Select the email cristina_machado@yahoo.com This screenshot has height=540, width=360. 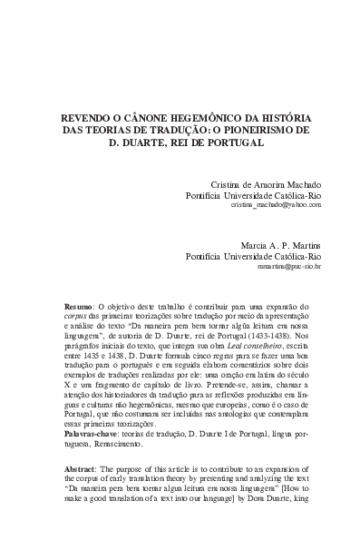coord(276,207)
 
